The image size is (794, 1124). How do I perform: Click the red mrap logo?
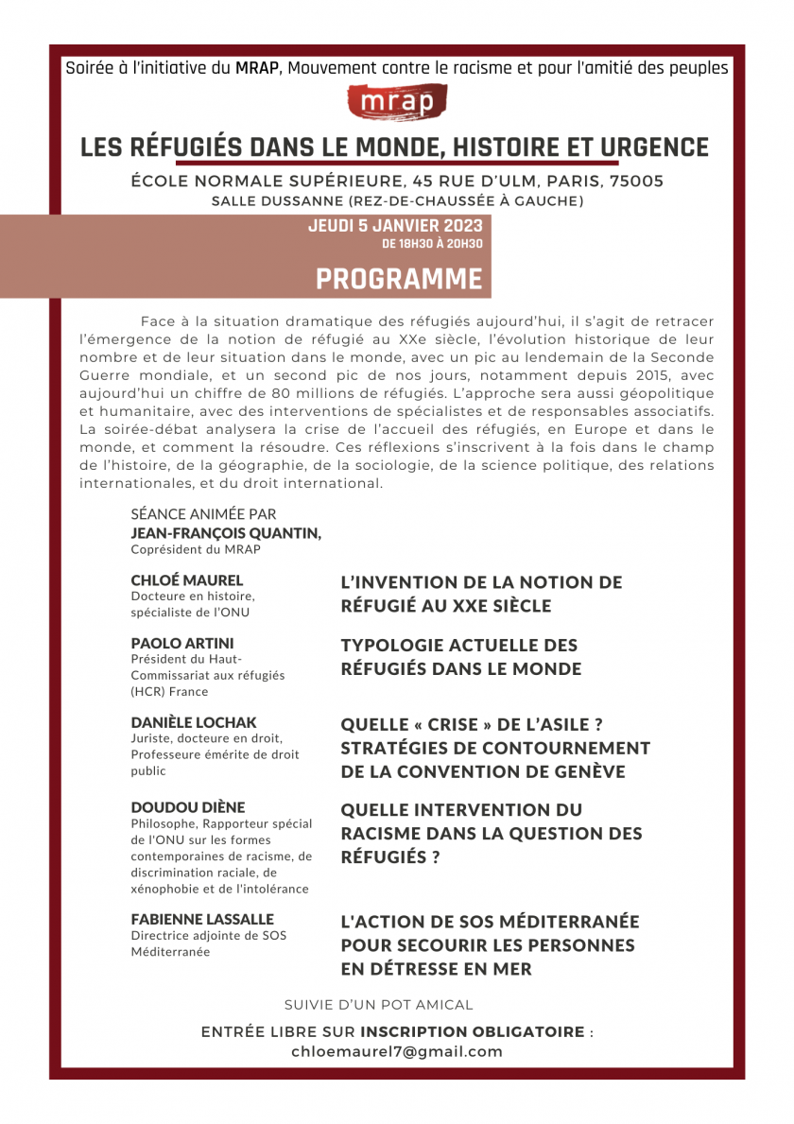pos(397,102)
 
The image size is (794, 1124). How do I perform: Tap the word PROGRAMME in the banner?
pos(398,280)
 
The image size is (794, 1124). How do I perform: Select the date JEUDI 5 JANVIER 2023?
pos(395,226)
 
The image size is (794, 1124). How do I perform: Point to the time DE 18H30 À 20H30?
pos(431,244)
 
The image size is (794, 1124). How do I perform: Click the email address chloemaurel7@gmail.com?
pos(397,1051)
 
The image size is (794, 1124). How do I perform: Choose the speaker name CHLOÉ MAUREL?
pos(187,580)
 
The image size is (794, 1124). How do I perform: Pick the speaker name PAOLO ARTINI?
pos(182,643)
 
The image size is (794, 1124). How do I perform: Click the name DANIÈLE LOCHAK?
pos(194,722)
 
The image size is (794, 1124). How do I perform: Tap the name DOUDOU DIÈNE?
pos(188,807)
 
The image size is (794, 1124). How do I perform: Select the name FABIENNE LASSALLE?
pos(202,919)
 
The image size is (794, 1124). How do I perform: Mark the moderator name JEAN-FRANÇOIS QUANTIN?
pos(226,533)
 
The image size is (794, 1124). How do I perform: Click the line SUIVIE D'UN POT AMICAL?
pos(378,1005)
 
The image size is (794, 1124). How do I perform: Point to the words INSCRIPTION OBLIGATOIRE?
pos(473,1031)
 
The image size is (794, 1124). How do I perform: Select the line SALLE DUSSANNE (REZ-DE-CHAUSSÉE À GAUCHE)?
pos(397,200)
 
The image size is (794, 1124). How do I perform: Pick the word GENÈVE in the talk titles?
pos(581,771)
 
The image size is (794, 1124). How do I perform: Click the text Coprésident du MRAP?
pos(196,549)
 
